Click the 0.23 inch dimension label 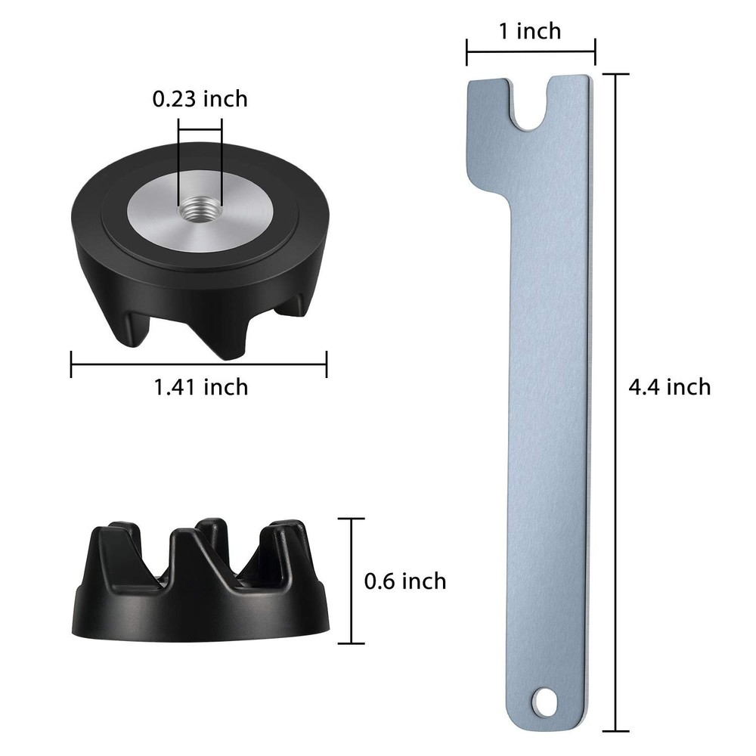pos(200,98)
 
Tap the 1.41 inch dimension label pos(200,387)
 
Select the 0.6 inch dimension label pos(404,581)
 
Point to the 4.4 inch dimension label pos(670,386)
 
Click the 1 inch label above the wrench pos(530,31)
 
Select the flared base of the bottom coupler pos(200,616)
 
